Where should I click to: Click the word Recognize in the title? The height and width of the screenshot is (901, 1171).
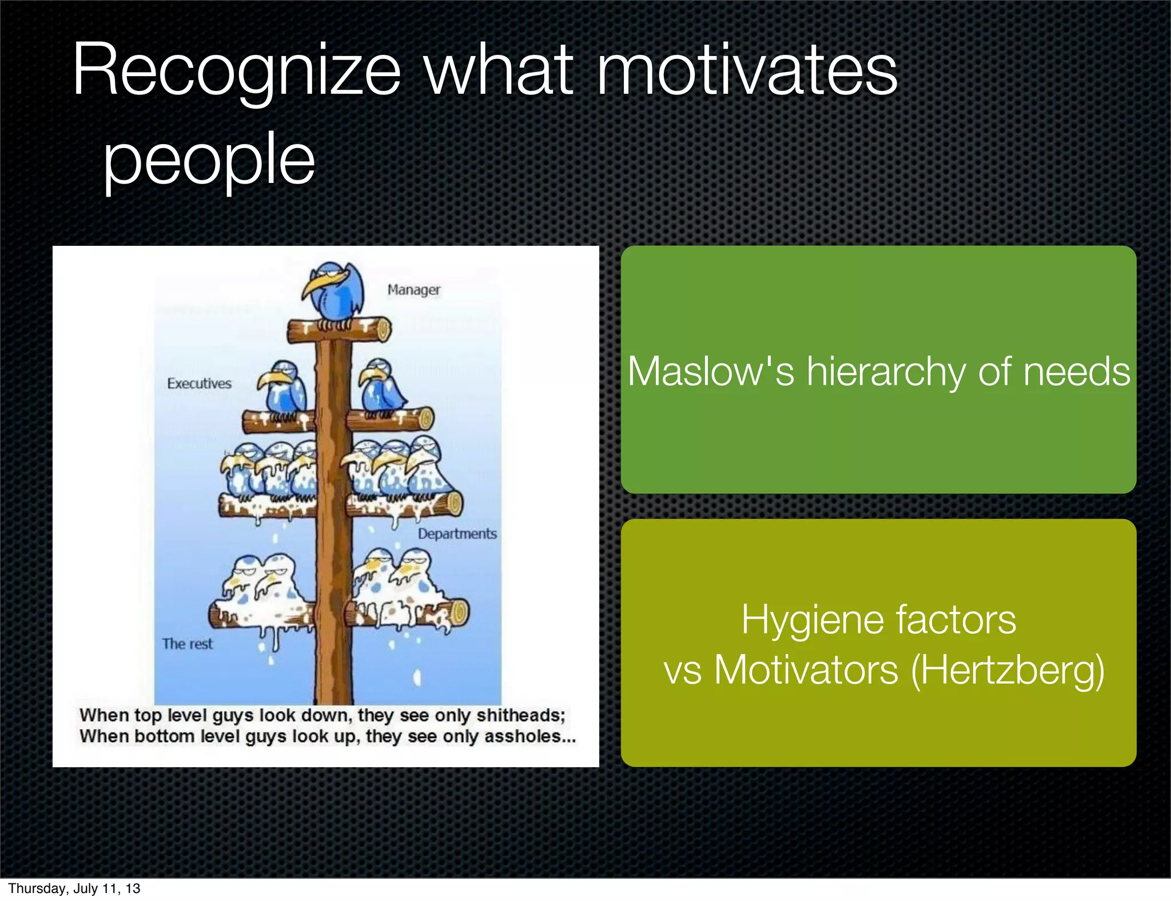pos(237,71)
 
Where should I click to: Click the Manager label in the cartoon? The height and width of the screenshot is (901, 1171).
pos(414,290)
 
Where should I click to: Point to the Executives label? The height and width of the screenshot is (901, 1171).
pos(199,383)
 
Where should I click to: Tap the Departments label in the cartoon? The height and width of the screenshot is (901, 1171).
pos(457,533)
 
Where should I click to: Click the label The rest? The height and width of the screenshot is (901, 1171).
pos(187,644)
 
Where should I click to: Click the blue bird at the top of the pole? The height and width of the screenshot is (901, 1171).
pos(335,292)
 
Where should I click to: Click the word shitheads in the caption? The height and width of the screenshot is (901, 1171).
pos(520,715)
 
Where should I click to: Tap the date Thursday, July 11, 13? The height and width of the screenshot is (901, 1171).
pos(74,888)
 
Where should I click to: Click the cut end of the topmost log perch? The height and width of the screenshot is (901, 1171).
pos(382,330)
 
